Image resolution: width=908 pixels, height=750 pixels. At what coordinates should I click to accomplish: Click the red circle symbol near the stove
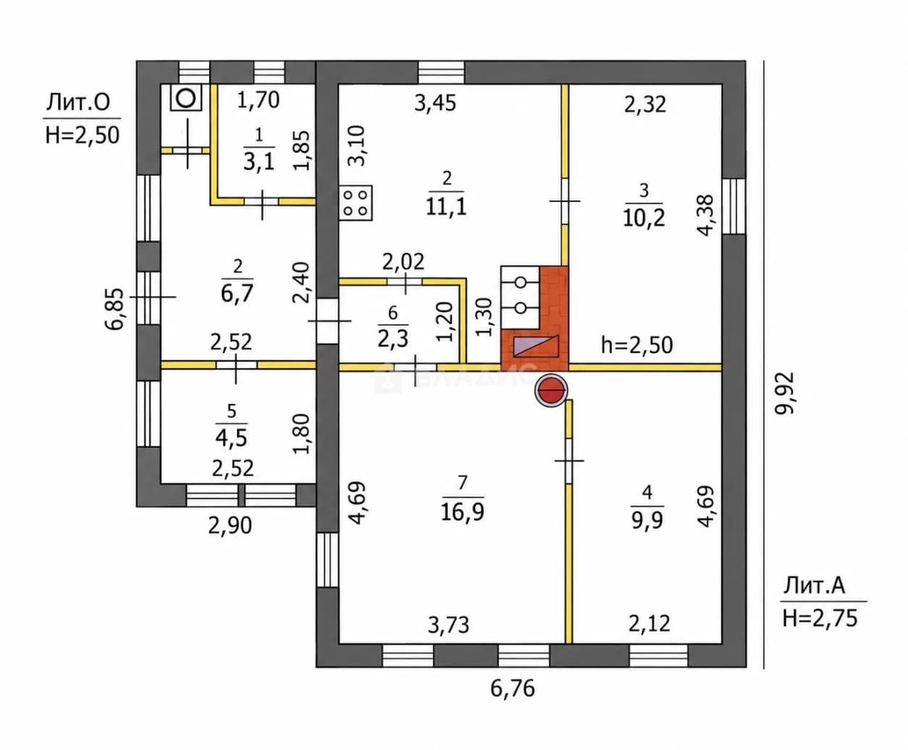551,390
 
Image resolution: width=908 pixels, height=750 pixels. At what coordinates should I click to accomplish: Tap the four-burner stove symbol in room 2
356,203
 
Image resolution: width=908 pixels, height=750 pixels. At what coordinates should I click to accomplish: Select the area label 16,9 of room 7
462,512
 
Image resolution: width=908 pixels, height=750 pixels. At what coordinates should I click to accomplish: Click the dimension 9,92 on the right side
786,394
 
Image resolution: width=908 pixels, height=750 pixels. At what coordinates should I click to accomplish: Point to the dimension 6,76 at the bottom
513,688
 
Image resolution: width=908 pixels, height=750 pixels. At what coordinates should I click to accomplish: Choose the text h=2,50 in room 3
636,345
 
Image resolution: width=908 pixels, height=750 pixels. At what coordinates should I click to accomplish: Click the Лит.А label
814,586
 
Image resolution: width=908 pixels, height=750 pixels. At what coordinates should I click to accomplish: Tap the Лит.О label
78,103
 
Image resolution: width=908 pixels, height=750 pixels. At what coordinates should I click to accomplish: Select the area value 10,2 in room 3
644,218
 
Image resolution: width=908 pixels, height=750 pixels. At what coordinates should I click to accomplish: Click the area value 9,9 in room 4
647,520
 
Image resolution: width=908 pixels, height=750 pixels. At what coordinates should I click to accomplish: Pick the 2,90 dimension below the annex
230,526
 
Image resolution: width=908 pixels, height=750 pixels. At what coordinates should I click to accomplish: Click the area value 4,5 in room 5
232,438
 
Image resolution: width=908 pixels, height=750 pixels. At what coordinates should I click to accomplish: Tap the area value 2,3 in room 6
392,339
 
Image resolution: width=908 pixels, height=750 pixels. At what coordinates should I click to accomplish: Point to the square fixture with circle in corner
186,98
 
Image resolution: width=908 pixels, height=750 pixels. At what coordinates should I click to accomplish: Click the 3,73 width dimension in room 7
448,625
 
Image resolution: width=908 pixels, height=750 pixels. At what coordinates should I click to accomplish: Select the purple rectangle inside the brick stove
536,347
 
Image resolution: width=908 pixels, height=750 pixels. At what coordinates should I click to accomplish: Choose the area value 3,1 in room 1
258,162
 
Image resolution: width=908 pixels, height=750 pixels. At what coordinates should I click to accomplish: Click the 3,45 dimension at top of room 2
435,104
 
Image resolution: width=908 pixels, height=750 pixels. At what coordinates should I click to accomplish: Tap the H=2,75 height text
820,618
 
